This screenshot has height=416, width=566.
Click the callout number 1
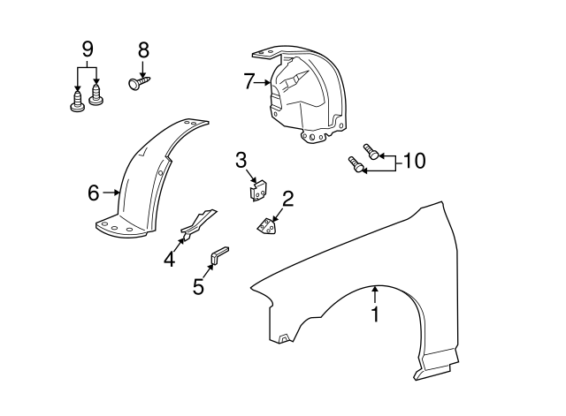(x=375, y=314)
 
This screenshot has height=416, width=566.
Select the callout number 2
(x=288, y=199)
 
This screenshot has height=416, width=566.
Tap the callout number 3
(x=241, y=160)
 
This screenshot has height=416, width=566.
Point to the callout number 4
(x=169, y=260)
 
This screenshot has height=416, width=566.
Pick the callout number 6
(x=93, y=192)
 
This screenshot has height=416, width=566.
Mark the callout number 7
(x=249, y=82)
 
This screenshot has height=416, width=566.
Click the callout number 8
(x=143, y=50)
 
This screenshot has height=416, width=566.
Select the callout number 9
(x=88, y=49)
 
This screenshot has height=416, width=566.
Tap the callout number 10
(x=413, y=161)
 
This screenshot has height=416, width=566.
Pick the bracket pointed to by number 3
(x=258, y=188)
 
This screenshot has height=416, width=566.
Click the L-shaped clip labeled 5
(x=218, y=256)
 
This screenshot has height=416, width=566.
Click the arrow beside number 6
(x=111, y=192)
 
